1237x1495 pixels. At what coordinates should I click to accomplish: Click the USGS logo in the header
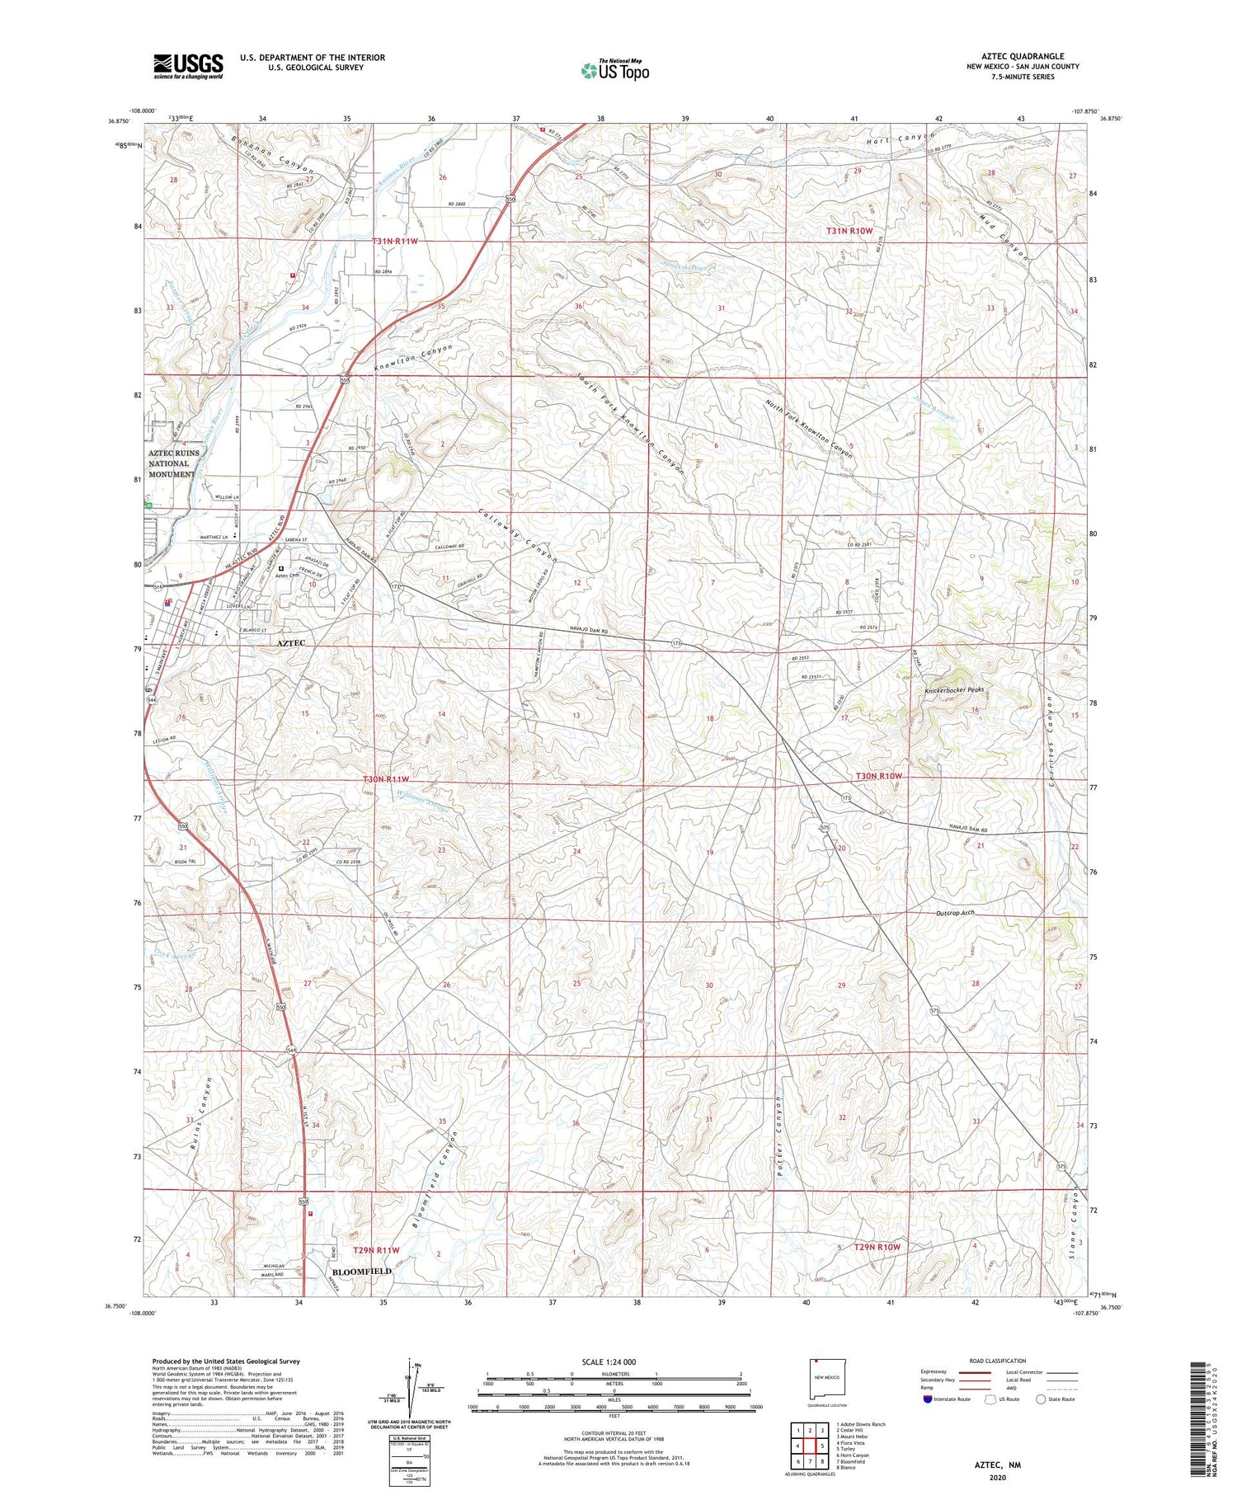point(188,66)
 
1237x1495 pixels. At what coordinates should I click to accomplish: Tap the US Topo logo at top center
point(614,70)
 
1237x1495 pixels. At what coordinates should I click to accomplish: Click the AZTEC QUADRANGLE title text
point(1022,56)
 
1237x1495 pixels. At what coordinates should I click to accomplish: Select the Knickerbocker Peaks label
point(953,689)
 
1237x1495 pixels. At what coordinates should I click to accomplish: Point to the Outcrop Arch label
point(955,913)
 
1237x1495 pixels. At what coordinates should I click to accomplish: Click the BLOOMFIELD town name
point(361,1271)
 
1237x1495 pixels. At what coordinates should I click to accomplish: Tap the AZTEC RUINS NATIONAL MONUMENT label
point(172,463)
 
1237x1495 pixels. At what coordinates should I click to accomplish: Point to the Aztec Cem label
point(287,575)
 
